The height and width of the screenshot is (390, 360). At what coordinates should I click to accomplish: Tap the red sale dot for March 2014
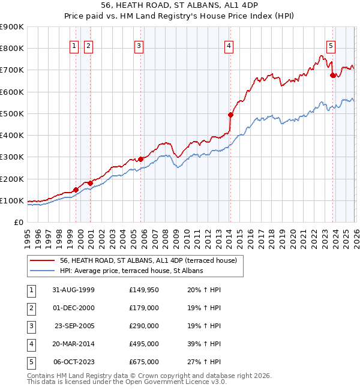230,114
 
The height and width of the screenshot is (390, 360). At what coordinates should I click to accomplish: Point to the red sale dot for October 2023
332,75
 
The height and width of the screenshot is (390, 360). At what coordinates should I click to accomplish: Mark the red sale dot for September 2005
141,159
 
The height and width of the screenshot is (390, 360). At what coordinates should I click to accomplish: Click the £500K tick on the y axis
12,113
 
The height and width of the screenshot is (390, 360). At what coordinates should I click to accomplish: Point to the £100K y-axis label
12,200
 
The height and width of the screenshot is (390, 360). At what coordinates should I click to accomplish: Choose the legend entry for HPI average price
131,271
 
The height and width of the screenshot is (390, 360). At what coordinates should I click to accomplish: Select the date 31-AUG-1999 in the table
74,289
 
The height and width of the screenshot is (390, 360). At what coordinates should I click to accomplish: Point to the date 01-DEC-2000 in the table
74,307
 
